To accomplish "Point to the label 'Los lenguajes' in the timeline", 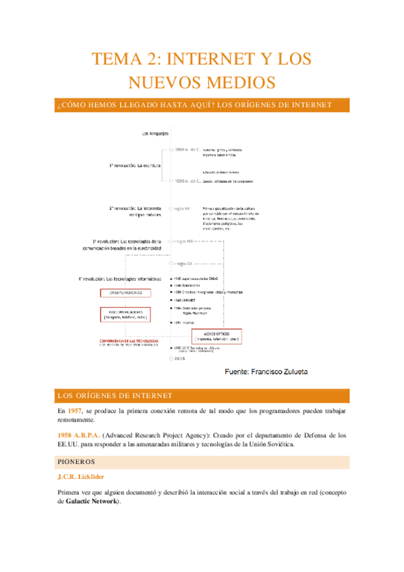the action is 154,134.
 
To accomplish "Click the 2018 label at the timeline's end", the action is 180,359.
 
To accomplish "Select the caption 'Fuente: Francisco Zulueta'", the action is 265,372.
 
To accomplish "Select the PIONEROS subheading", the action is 76,462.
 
